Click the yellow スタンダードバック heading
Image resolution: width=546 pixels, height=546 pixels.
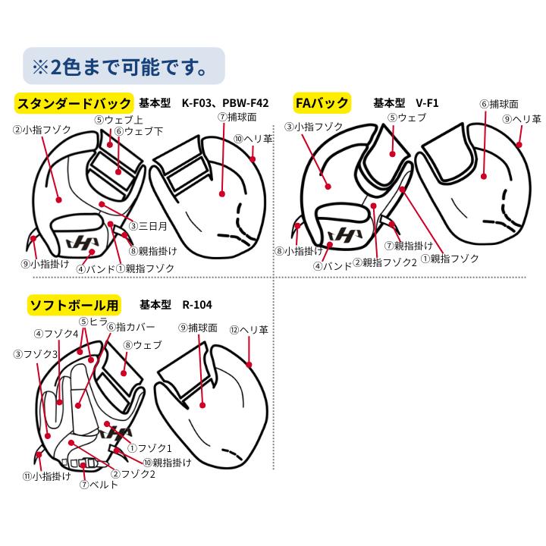[75, 103]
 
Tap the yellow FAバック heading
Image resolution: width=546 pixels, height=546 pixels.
[322, 103]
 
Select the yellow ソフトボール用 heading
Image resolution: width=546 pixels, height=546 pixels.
[74, 305]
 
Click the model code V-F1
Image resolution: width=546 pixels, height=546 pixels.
[427, 103]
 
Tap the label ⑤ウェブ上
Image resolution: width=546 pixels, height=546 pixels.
[118, 119]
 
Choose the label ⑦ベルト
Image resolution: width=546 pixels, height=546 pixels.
[99, 485]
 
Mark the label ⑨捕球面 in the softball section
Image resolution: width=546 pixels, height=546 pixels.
[198, 328]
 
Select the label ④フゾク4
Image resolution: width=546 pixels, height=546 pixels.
[55, 333]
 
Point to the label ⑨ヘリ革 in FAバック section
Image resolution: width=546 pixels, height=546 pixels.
[522, 119]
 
